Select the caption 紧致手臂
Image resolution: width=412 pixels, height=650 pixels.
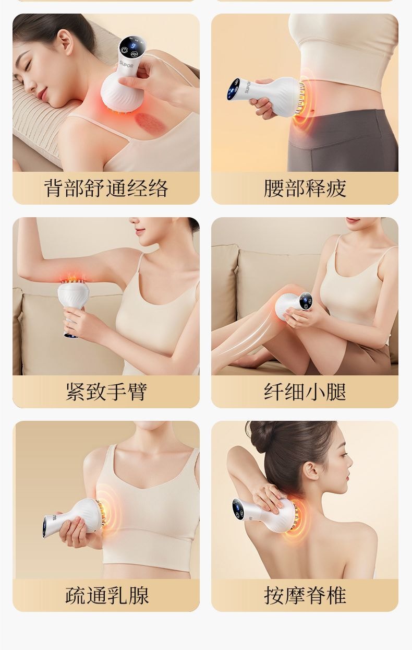click(x=106, y=392)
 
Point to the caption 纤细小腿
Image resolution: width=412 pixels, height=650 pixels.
click(x=305, y=392)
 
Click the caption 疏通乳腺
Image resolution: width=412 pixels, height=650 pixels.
click(x=106, y=595)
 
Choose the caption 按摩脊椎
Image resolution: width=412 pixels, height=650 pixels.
click(x=305, y=595)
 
